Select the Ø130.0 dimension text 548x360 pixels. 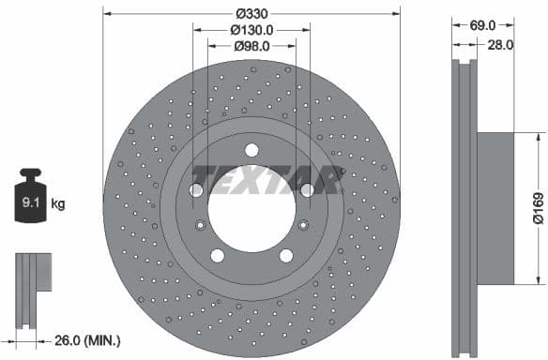[x=251, y=29]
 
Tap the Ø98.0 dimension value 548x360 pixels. [x=251, y=45]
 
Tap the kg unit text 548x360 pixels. [x=58, y=202]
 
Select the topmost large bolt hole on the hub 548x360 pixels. [x=251, y=150]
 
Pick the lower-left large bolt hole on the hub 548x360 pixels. [x=218, y=255]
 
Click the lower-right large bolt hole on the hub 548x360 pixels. [x=285, y=255]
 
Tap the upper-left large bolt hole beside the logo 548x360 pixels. [x=196, y=190]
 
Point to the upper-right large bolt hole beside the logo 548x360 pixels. [x=306, y=190]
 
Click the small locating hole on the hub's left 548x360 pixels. [x=200, y=225]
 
